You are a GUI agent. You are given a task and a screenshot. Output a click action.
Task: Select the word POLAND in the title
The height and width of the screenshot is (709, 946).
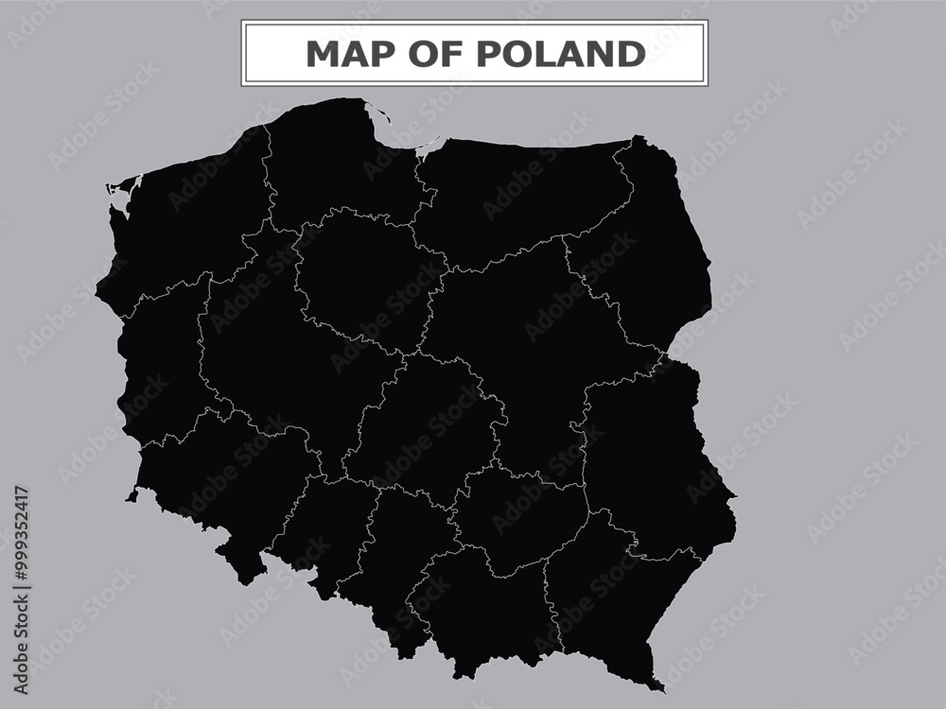pos(561,54)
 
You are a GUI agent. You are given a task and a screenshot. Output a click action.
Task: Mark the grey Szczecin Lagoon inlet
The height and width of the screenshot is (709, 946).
pos(120,198)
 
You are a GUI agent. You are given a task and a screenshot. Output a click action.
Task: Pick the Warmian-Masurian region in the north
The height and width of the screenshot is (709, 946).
pos(520,199)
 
